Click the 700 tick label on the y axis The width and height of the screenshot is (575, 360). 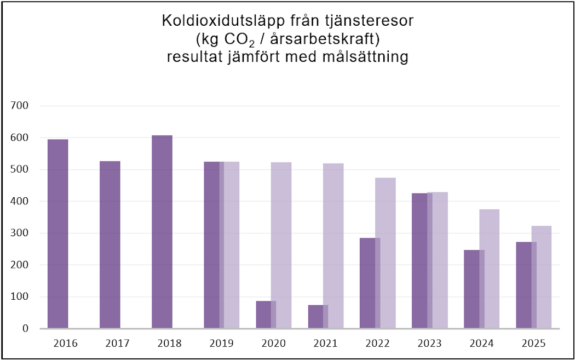coord(20,106)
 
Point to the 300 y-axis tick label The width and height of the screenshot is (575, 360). coord(20,233)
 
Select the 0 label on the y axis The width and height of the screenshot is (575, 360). coord(26,329)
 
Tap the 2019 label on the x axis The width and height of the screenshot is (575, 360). coord(222,344)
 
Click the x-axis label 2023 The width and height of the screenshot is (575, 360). coord(430,344)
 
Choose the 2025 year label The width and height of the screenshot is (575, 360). coord(534,344)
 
